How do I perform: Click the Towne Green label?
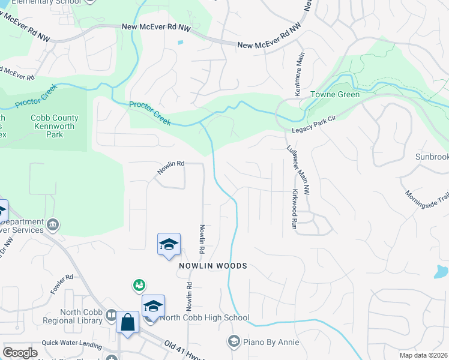pyautogui.click(x=334, y=94)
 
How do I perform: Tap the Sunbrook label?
pyautogui.click(x=432, y=157)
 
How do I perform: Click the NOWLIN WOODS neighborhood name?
pyautogui.click(x=212, y=265)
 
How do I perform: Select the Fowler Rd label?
pyautogui.click(x=61, y=285)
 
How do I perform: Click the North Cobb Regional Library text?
pyautogui.click(x=81, y=316)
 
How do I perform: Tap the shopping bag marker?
pyautogui.click(x=127, y=322)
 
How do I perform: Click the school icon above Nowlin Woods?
pyautogui.click(x=169, y=244)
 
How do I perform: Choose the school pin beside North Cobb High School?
pyautogui.click(x=153, y=306)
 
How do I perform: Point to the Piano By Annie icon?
pyautogui.click(x=234, y=341)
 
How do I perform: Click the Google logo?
pyautogui.click(x=20, y=353)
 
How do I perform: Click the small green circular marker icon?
pyautogui.click(x=139, y=284)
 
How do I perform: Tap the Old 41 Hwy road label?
pyautogui.click(x=183, y=348)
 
